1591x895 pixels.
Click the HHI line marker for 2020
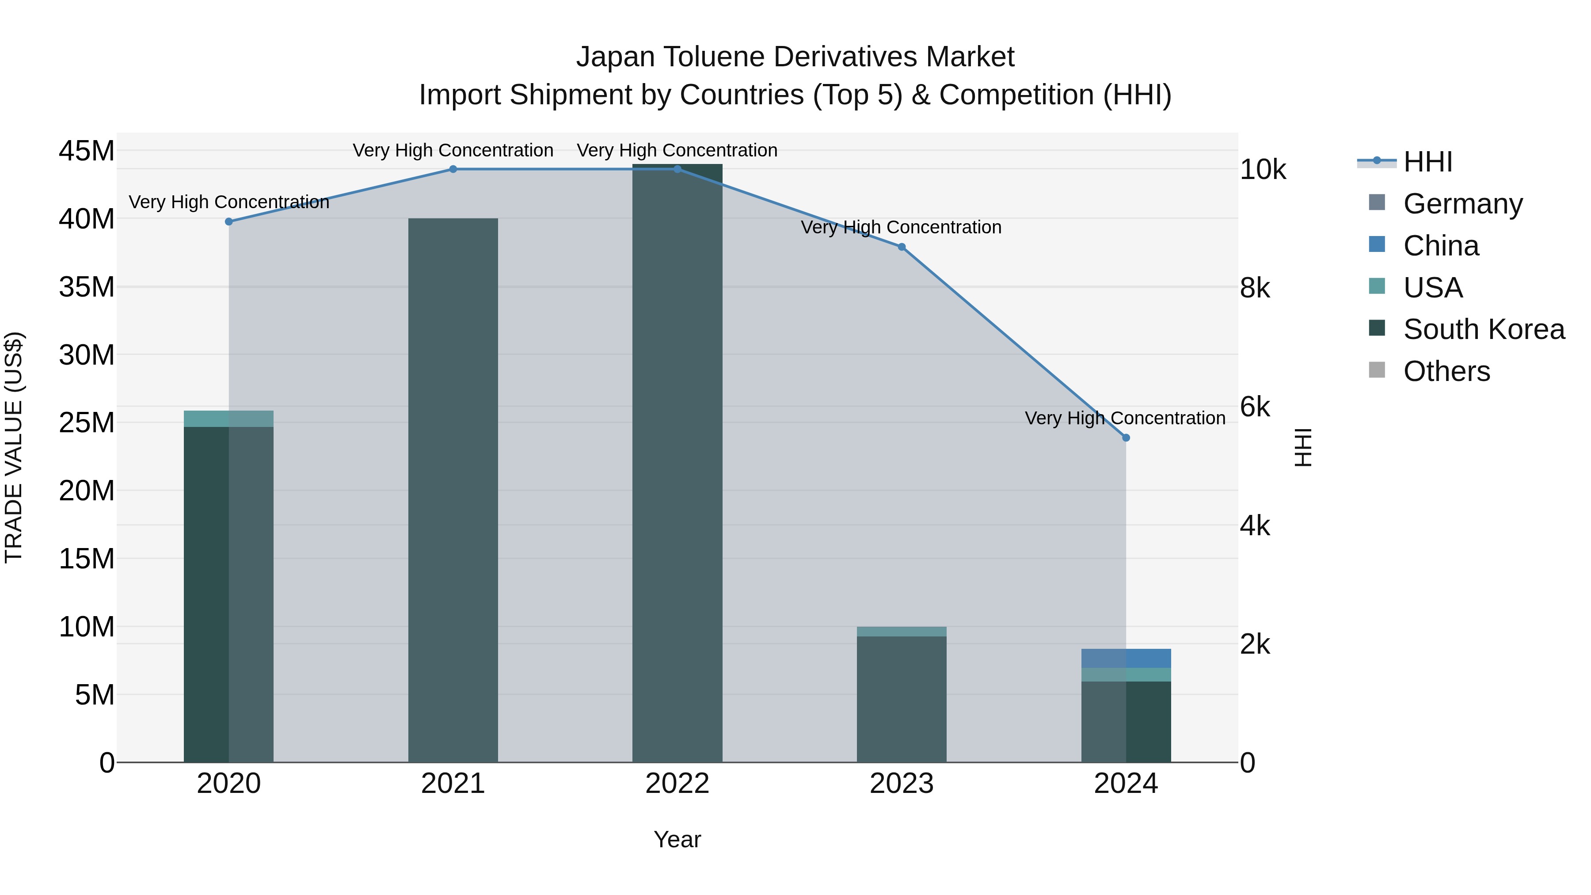(x=228, y=222)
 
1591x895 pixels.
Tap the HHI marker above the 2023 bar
(x=901, y=247)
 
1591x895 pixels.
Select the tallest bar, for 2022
(x=677, y=463)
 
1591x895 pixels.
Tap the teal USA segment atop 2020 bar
(x=228, y=419)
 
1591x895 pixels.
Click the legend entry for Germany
(x=1462, y=204)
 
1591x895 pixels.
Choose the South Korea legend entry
(x=1484, y=329)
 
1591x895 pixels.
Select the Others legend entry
(x=1446, y=371)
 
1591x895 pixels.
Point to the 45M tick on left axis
(x=87, y=151)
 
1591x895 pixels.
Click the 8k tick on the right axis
(x=1254, y=289)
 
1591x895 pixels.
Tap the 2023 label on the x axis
(x=901, y=784)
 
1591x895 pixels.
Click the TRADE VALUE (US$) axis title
(x=14, y=447)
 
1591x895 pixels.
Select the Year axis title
(x=677, y=839)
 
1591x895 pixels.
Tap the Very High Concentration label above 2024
(x=1125, y=418)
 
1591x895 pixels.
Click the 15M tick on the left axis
(x=87, y=559)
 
